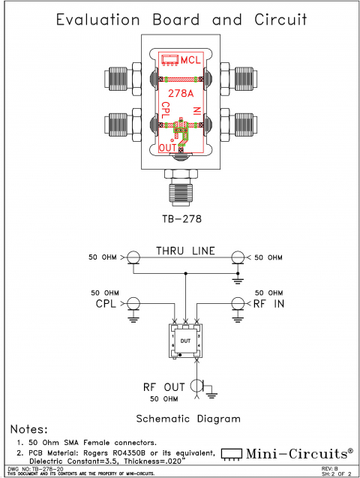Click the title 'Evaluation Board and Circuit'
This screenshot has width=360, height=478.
click(x=179, y=20)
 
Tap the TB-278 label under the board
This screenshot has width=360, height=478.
click(x=181, y=219)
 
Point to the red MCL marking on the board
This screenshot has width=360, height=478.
click(x=190, y=59)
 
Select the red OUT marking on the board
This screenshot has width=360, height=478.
click(x=168, y=147)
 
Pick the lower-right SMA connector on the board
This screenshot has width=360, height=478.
click(x=238, y=121)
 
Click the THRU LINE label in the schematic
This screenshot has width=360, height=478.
click(x=185, y=251)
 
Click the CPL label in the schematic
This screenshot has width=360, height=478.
click(x=106, y=304)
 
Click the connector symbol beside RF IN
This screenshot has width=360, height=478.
click(x=238, y=303)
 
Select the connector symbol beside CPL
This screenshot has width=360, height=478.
click(x=133, y=303)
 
